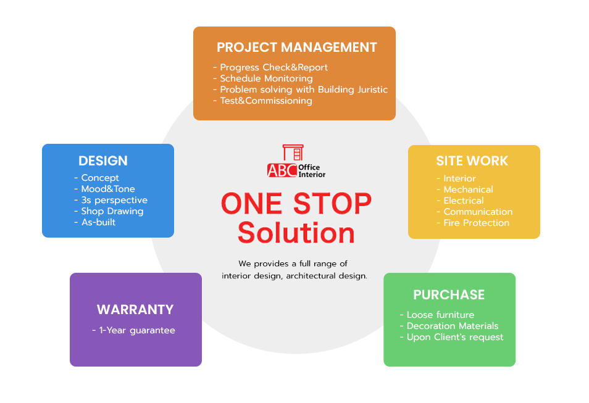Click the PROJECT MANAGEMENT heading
click(x=297, y=48)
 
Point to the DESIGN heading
click(x=103, y=160)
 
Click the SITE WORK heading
click(x=472, y=160)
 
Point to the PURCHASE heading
click(x=449, y=295)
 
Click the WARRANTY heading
click(x=135, y=309)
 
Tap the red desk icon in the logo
click(x=293, y=152)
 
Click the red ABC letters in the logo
click(x=282, y=170)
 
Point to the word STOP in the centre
click(x=332, y=204)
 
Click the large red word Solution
click(x=296, y=233)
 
